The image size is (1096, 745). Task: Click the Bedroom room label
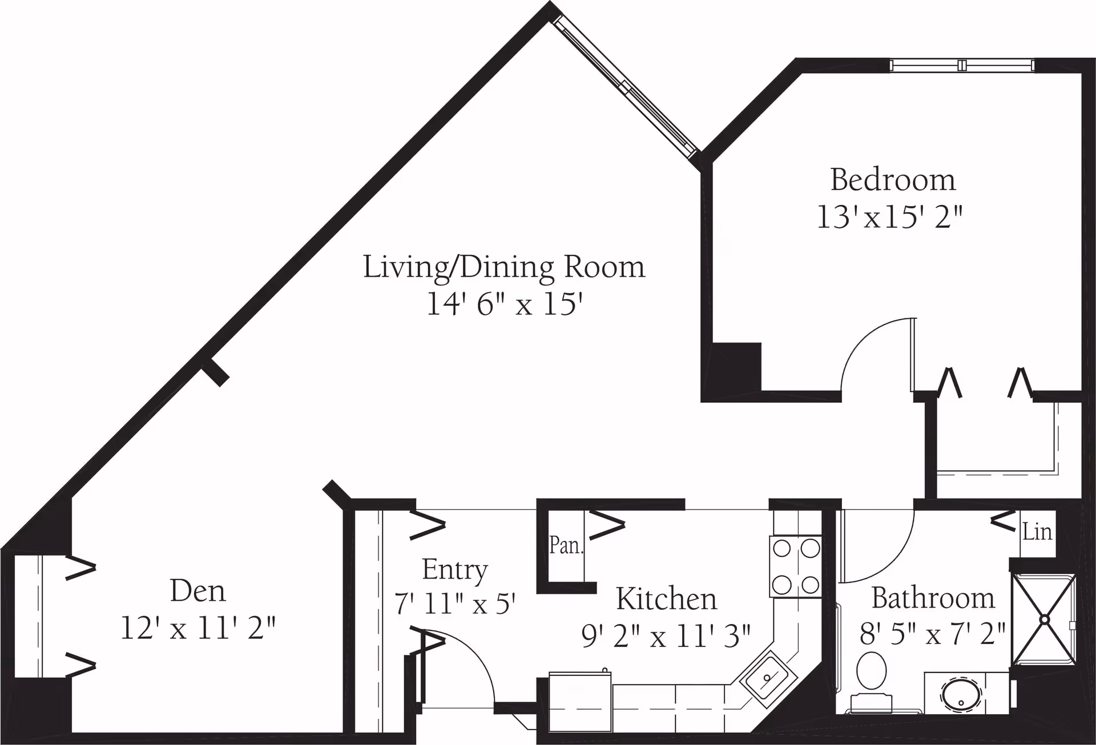[893, 180]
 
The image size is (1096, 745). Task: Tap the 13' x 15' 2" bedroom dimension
[890, 217]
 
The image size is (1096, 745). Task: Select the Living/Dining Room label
[504, 267]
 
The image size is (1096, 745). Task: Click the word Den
[198, 591]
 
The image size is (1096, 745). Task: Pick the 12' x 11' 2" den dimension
[198, 628]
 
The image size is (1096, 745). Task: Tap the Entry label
[455, 570]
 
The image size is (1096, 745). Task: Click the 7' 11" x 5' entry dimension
[455, 603]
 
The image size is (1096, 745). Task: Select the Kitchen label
[666, 599]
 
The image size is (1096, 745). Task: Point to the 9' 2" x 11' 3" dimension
[666, 635]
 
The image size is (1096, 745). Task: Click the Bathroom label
[933, 598]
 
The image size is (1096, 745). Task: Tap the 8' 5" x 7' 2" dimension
[933, 633]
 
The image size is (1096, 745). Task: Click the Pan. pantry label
[566, 545]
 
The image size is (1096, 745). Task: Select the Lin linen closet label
[1037, 532]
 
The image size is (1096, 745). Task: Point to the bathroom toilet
[871, 682]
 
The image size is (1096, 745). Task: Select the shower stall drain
[1044, 619]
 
